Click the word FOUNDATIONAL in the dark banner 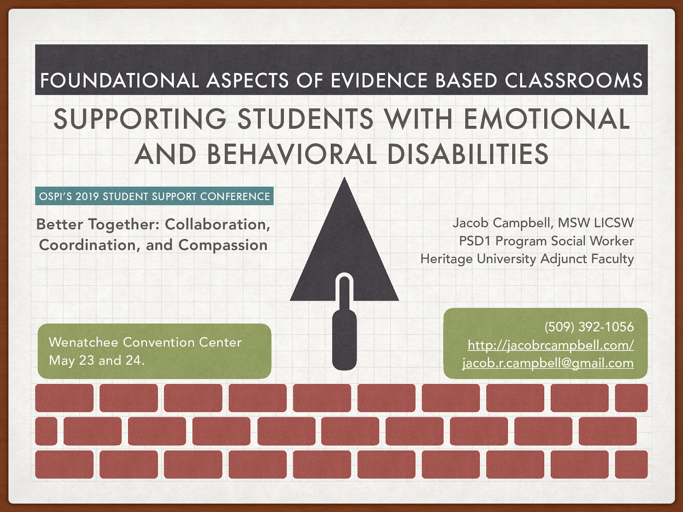(119, 81)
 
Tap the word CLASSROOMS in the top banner (573, 81)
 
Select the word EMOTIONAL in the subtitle (547, 119)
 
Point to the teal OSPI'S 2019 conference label (154, 196)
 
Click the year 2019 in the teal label (88, 197)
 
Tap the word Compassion (223, 245)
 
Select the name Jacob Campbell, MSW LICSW (543, 223)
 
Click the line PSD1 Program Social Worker (546, 241)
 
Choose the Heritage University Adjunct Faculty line (527, 259)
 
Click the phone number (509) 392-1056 (589, 327)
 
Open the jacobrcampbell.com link (550, 345)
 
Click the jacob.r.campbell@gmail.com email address (548, 363)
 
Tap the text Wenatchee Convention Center (145, 342)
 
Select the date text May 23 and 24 (97, 361)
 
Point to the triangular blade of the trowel (344, 239)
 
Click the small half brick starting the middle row (46, 431)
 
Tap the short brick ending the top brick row (631, 398)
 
